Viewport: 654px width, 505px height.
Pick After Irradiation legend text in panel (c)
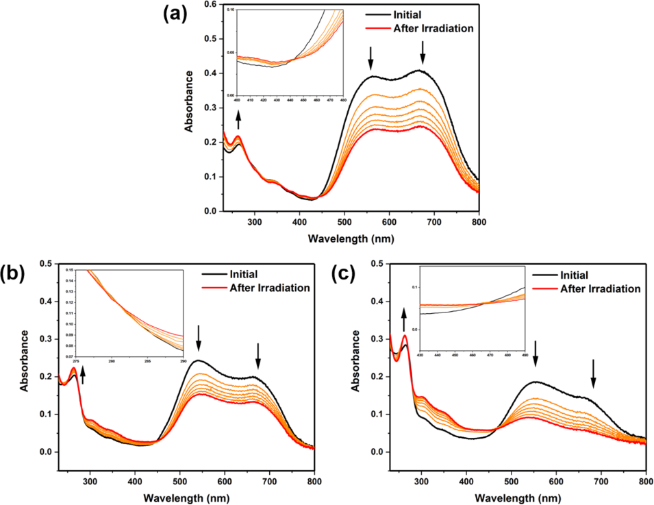tap(600, 288)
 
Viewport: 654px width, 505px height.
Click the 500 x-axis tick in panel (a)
tap(344, 222)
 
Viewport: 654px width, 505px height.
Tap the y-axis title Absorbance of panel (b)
tap(25, 360)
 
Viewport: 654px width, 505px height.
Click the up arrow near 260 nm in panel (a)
tap(238, 121)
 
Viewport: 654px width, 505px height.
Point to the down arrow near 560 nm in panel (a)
tap(371, 57)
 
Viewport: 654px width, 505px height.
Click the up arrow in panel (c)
tap(403, 319)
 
